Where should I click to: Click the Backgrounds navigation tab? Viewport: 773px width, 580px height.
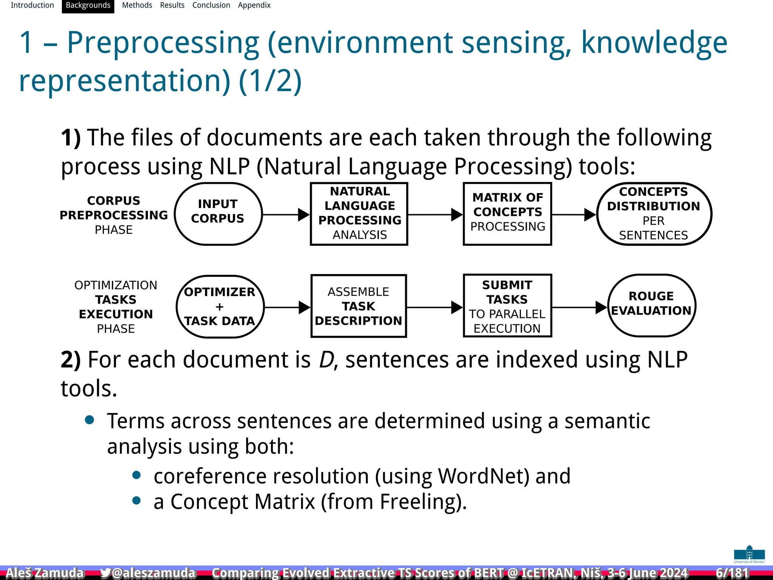point(88,6)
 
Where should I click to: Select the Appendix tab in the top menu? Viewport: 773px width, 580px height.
point(254,6)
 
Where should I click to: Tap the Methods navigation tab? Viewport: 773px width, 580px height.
point(137,6)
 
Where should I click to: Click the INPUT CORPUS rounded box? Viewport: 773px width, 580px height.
point(218,214)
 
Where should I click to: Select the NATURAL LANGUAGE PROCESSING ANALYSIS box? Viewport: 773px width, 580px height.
point(359,214)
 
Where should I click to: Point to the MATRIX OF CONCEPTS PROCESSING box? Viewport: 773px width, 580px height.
point(507,214)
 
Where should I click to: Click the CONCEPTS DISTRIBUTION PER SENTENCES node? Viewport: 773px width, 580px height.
point(653,214)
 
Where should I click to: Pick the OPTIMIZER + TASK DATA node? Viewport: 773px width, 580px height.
point(220,306)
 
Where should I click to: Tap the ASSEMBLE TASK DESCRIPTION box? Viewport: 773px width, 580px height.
point(358,306)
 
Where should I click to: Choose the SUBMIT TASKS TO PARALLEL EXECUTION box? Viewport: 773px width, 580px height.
point(507,306)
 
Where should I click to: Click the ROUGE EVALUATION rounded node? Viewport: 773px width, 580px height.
point(651,305)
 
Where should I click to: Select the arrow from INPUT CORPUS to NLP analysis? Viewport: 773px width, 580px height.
point(286,214)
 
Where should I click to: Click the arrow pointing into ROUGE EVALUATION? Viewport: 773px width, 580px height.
point(579,307)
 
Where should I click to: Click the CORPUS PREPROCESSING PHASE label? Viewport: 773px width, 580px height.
point(114,215)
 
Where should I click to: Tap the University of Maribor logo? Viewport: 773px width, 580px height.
point(749,554)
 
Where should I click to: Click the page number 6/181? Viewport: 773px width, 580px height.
point(732,573)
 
